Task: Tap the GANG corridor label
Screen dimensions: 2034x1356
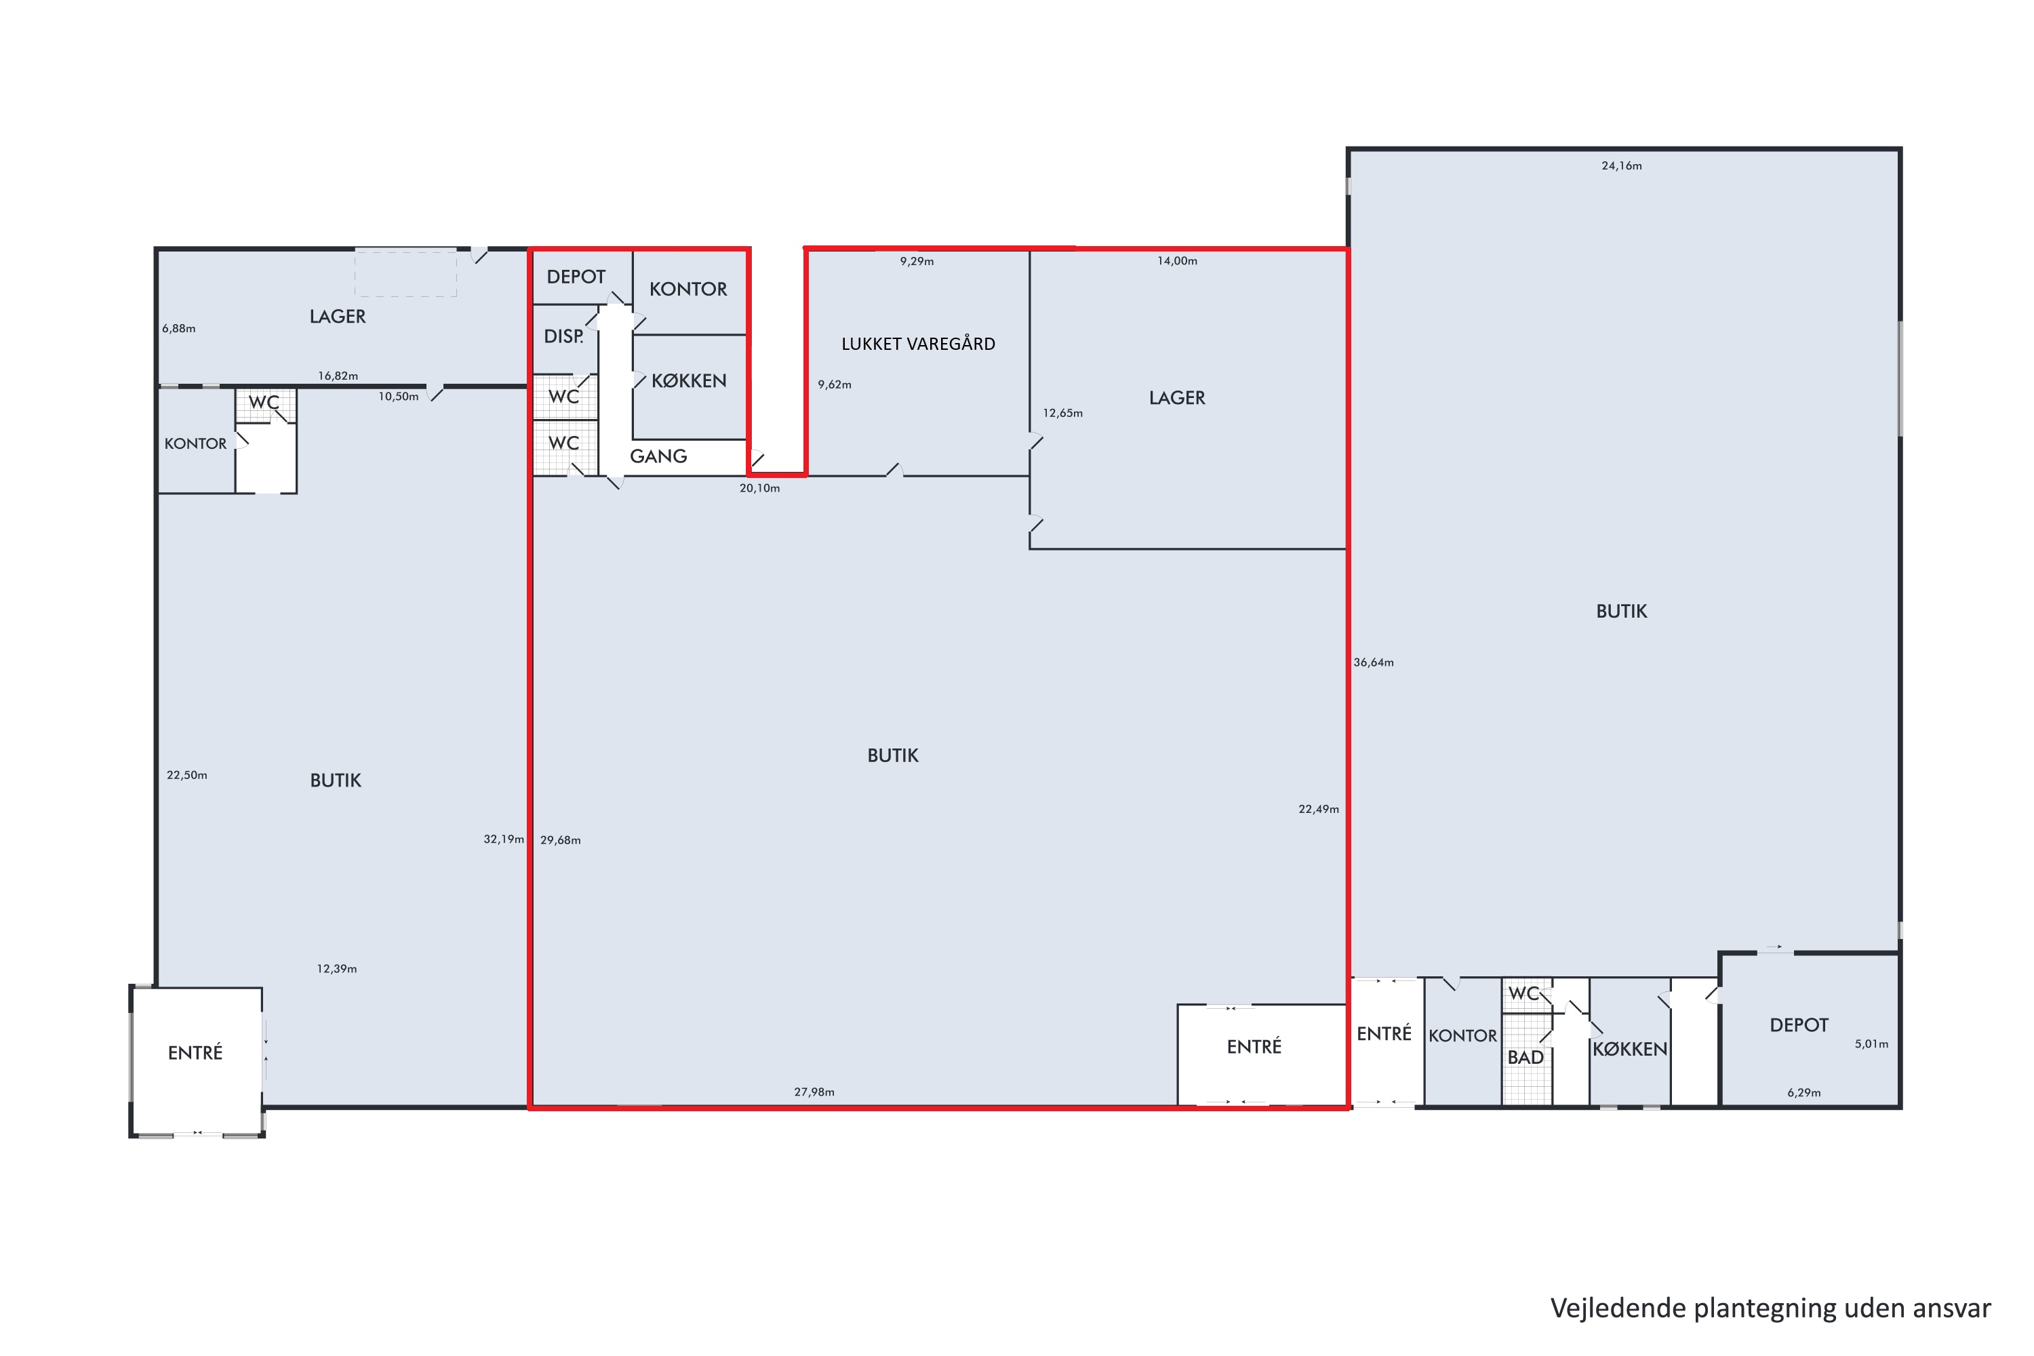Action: click(658, 456)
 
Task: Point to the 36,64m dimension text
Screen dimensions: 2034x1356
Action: click(1374, 662)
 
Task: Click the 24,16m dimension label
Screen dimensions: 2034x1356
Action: click(1622, 166)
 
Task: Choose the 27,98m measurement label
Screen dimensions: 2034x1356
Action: click(814, 1092)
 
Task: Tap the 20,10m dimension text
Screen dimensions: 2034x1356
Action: click(759, 489)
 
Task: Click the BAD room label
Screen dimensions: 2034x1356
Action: click(1525, 1057)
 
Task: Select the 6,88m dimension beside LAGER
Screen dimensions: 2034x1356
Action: click(179, 329)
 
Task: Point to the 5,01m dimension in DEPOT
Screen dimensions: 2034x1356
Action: click(1871, 1044)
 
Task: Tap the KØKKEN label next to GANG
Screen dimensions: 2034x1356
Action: click(688, 380)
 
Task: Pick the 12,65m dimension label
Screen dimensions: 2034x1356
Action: click(1063, 414)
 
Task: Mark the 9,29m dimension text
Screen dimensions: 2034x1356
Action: click(917, 261)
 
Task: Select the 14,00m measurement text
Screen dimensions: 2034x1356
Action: click(1177, 261)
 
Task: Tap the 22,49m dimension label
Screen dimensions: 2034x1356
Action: click(1319, 810)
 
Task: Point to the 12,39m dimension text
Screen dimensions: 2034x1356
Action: click(336, 969)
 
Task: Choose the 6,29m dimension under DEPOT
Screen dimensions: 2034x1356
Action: click(1804, 1092)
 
